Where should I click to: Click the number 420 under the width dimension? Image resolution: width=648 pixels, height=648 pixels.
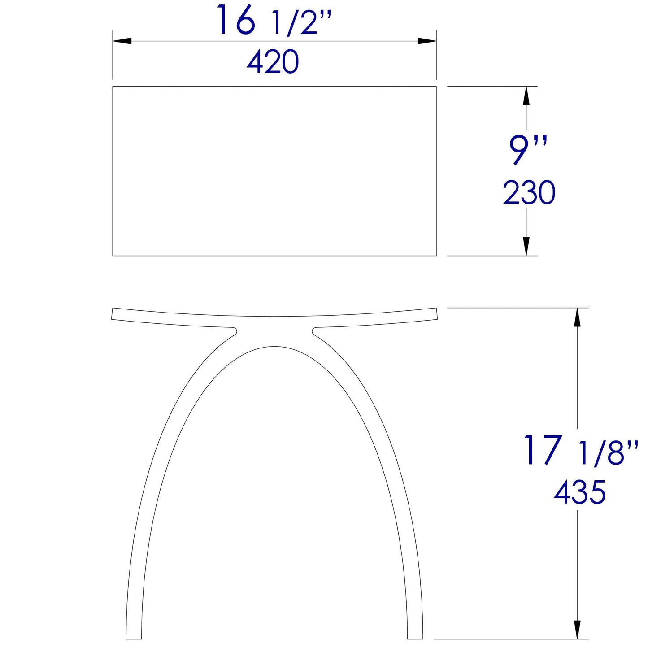pyautogui.click(x=273, y=62)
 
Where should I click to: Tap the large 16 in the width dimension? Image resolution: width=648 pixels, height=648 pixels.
pyautogui.click(x=236, y=20)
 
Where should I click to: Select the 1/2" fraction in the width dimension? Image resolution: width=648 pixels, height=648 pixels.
pyautogui.click(x=301, y=24)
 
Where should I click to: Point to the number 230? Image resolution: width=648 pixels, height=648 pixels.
pyautogui.click(x=529, y=193)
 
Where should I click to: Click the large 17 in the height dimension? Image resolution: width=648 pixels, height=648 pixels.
pyautogui.click(x=543, y=450)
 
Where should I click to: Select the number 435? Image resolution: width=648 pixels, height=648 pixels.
pyautogui.click(x=579, y=492)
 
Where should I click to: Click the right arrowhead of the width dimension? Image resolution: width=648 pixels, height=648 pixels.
pyautogui.click(x=427, y=41)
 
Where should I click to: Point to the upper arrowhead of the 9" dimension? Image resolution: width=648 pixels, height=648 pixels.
pyautogui.click(x=526, y=95)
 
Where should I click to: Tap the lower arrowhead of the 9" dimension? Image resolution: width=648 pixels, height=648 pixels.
pyautogui.click(x=526, y=247)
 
